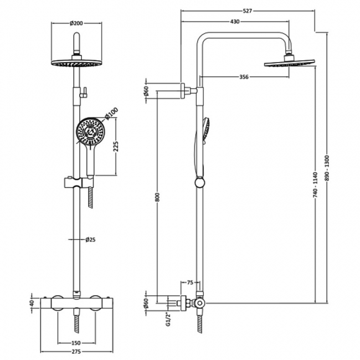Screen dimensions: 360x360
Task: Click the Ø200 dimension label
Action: tap(76, 23)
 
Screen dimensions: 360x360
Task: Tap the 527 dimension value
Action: tap(247, 11)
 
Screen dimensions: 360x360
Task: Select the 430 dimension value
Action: tap(235, 22)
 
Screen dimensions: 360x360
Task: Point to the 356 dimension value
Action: tap(244, 77)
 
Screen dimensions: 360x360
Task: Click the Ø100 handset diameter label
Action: tap(111, 114)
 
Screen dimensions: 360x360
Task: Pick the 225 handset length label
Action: tap(116, 147)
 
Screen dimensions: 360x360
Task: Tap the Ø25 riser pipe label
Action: tap(90, 240)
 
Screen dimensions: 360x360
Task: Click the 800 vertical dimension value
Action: tap(157, 197)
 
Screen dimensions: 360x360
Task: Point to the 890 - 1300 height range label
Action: tap(327, 168)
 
